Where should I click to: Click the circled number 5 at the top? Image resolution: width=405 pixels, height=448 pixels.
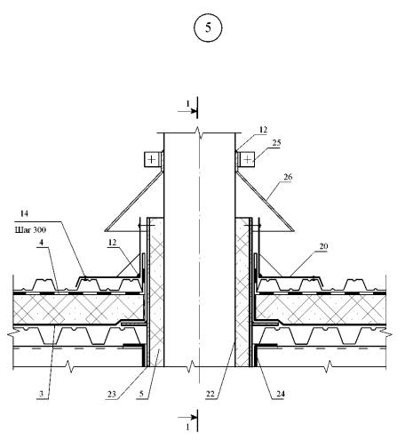point(208,28)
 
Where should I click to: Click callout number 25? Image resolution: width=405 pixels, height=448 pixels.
point(276,143)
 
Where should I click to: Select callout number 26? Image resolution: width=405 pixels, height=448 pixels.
point(288,177)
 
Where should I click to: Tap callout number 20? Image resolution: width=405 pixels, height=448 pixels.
point(323,246)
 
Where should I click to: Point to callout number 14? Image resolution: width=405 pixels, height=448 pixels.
point(25,213)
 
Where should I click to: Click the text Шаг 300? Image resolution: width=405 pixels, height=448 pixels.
point(30,229)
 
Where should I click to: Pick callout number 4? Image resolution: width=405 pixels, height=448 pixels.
point(42,243)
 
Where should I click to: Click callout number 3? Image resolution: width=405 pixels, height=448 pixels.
point(42,394)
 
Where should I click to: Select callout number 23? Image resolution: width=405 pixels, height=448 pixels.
point(111,394)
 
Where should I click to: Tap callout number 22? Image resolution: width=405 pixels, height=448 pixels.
point(210,394)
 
